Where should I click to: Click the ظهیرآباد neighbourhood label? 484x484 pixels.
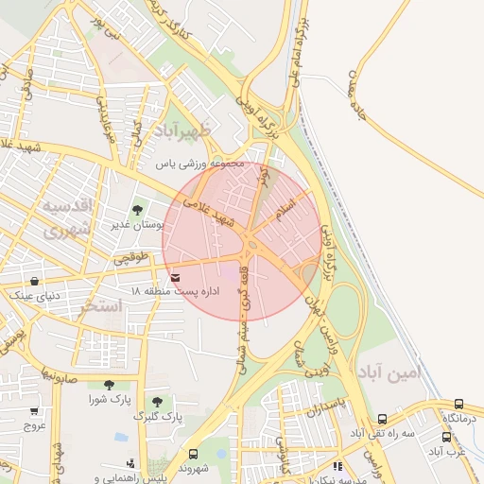[x=193, y=131]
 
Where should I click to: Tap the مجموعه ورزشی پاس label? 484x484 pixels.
[x=200, y=164]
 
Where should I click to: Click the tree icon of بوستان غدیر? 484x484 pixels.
[x=138, y=211]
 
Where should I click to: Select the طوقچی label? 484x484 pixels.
[x=132, y=256]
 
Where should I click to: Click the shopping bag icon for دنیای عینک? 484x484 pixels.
[x=35, y=281]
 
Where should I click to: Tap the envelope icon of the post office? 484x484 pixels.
[x=178, y=277]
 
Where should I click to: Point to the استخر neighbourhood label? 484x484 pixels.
[x=103, y=306]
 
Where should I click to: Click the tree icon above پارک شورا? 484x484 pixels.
[x=109, y=385]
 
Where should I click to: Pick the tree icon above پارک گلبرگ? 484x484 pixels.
[x=157, y=402]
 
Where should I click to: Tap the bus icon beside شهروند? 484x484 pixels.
[x=194, y=454]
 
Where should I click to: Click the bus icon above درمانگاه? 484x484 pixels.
[x=459, y=404]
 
